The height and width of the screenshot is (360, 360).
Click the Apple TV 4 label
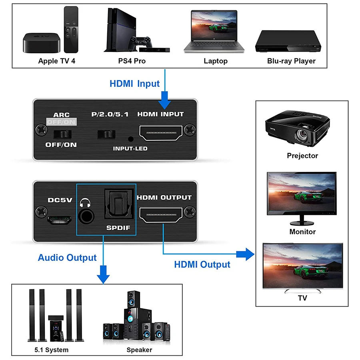pos(56,61)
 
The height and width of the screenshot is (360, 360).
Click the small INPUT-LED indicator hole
pos(130,139)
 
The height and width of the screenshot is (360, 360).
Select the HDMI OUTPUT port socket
pos(162,216)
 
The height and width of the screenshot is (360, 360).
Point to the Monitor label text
pos(302,232)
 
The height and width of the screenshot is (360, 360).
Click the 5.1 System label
pos(51,350)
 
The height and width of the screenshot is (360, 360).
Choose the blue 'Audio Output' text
pos(67,258)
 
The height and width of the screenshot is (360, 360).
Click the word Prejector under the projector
pos(302,156)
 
